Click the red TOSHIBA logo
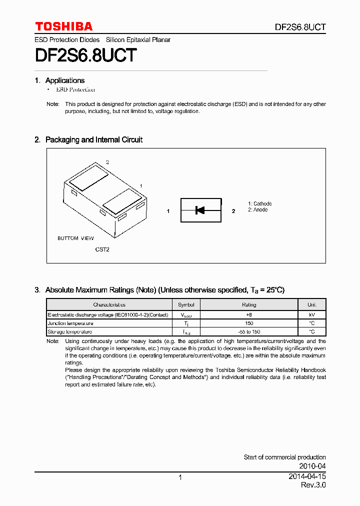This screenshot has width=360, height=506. (63, 26)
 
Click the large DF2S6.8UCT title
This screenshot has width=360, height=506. (85, 55)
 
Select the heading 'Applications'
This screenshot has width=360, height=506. (64, 80)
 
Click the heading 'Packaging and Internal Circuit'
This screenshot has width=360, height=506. (93, 140)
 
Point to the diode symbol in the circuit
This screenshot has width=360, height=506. (200, 210)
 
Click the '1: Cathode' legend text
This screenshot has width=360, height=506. (259, 203)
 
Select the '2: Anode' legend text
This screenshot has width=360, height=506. (257, 210)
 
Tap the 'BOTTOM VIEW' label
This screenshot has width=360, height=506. (75, 238)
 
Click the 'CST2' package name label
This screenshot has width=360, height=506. (102, 249)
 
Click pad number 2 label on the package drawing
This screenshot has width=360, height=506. (107, 162)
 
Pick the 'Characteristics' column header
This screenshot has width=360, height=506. (109, 304)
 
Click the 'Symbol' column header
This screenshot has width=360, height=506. (186, 304)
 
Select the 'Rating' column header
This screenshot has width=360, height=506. (249, 304)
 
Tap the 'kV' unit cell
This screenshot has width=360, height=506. (311, 314)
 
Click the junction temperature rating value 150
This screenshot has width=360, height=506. (249, 323)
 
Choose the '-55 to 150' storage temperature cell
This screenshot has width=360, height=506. (249, 331)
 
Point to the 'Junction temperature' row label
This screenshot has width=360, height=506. (70, 323)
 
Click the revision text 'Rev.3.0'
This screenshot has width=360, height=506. (313, 485)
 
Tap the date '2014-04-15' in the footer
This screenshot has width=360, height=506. (307, 476)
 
